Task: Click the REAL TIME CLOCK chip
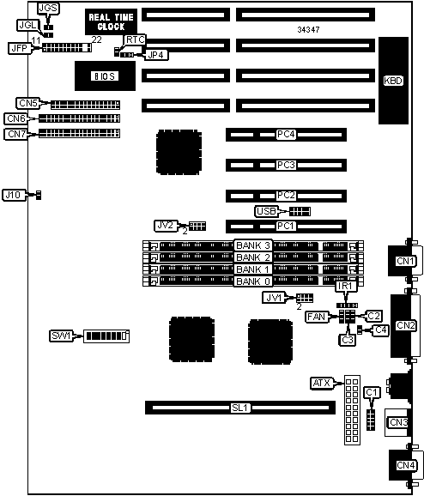coord(111,21)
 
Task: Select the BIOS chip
coord(105,76)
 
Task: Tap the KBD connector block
coord(393,81)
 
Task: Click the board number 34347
coord(308,30)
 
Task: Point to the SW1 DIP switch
coord(106,336)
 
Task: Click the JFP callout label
coord(20,48)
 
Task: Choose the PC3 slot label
coord(286,165)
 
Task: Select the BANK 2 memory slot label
coord(253,257)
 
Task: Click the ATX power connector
coord(352,410)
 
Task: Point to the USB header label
coord(266,211)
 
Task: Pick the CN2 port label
coord(406,325)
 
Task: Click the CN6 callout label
coord(15,118)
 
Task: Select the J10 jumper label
coord(13,195)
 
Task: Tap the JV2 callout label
coord(166,226)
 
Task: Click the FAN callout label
coord(317,317)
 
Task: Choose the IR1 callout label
coord(346,287)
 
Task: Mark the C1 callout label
coord(372,392)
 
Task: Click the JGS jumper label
coord(48,9)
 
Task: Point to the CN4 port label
coord(406,465)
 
